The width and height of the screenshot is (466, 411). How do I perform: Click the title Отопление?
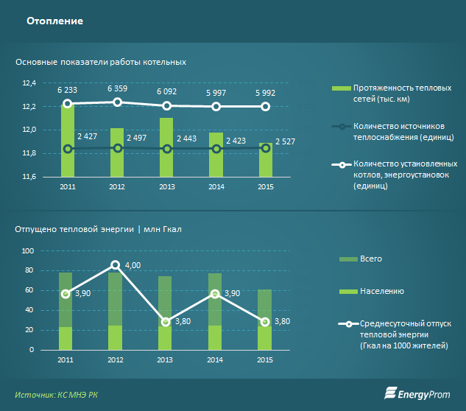[x=55, y=21]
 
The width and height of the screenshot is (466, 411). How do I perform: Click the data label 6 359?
[x=117, y=88]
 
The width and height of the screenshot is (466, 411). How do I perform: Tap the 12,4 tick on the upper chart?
[x=29, y=83]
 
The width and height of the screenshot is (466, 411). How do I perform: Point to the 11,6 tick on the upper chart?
[x=29, y=177]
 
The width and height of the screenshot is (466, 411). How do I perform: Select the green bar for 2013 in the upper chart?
[x=166, y=147]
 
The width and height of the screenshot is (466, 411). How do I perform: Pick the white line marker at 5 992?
[x=266, y=107]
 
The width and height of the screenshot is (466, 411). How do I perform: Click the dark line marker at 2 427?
[x=68, y=149]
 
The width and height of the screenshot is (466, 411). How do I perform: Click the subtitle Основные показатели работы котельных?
[x=100, y=62]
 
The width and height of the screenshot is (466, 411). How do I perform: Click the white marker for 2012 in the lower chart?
[x=116, y=264]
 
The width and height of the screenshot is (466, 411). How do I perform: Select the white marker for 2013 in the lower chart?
[x=166, y=322]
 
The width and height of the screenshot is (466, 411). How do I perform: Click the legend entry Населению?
[x=381, y=291]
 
